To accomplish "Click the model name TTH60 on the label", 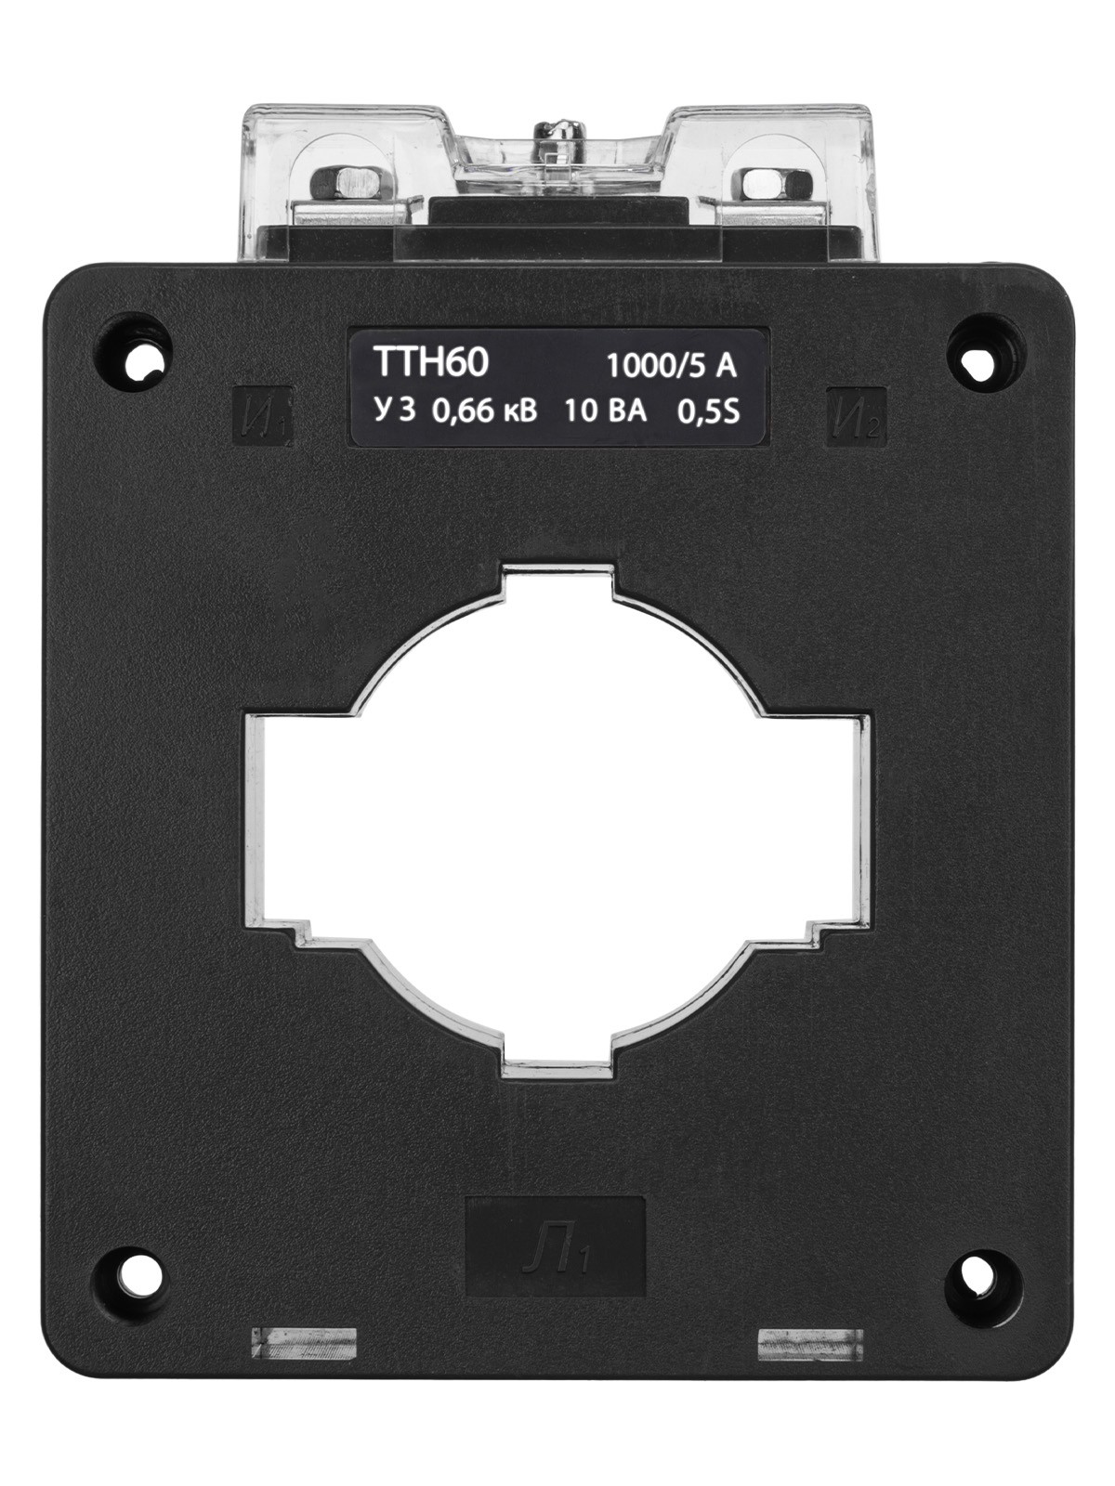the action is pos(430,364).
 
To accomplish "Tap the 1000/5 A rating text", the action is pos(672,368).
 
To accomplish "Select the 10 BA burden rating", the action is pos(605,411).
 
